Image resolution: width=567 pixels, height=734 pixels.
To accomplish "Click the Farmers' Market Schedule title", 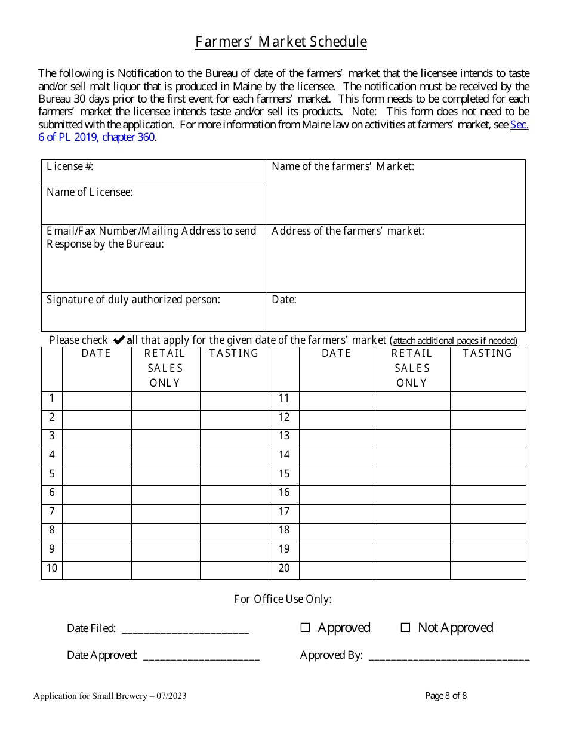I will pos(281,42).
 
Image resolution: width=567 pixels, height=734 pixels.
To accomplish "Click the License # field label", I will pos(70,166).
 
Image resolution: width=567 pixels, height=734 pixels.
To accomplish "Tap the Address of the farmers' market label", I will pos(347,231).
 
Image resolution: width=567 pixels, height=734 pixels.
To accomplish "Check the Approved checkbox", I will pos(305,628).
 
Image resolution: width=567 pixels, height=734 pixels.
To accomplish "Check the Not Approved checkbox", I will pos(405,628).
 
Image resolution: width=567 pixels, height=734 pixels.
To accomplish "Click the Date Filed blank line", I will pos(185,629).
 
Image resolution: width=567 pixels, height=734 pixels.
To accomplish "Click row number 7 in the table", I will pos(52,511).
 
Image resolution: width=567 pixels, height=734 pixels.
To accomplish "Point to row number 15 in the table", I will pos(284,474).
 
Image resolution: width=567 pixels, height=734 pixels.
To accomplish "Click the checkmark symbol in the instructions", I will pos(119,340).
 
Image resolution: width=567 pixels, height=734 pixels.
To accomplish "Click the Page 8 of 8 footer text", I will pos(445,696).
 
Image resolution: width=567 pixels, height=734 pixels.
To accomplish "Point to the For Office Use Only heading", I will pos(282,599).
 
